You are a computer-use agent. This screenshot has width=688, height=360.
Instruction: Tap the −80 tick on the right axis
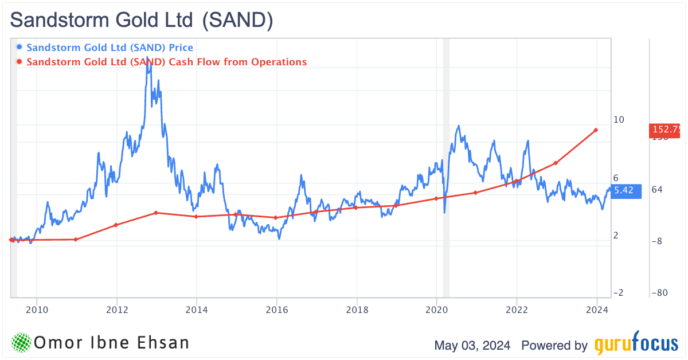659,293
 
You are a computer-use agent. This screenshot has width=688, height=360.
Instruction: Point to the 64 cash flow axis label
657,190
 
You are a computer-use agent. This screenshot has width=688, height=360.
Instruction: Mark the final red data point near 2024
596,130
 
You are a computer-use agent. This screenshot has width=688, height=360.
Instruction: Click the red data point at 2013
156,213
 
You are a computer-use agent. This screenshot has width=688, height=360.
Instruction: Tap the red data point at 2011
76,239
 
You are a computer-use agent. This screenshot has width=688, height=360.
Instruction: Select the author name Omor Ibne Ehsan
112,343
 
